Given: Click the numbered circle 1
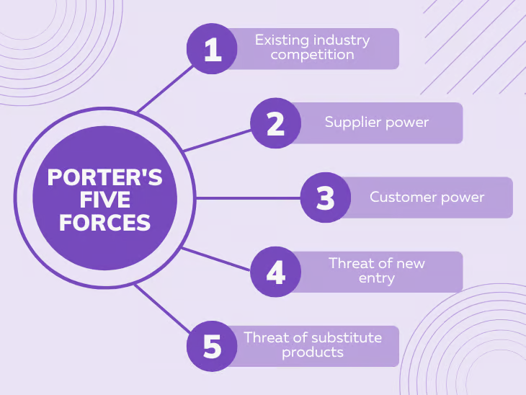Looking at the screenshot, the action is pyautogui.click(x=212, y=49).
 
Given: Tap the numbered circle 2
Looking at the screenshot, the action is pyautogui.click(x=276, y=123).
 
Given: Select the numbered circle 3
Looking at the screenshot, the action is pyautogui.click(x=326, y=197).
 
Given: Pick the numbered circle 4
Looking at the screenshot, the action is pyautogui.click(x=276, y=272).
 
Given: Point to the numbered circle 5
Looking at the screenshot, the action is pyautogui.click(x=212, y=346).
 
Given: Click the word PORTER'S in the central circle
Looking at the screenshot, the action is pyautogui.click(x=105, y=177).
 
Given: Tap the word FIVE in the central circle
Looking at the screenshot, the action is pyautogui.click(x=105, y=200).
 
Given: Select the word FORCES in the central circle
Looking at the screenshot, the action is pyautogui.click(x=105, y=223).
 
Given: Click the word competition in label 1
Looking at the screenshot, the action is pyautogui.click(x=312, y=55).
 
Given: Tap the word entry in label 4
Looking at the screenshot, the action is pyautogui.click(x=377, y=278).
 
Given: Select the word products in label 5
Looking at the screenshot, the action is pyautogui.click(x=313, y=352).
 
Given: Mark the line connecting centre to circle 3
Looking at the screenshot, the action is pyautogui.click(x=248, y=198).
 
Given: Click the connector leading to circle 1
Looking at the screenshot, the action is pyautogui.click(x=165, y=89).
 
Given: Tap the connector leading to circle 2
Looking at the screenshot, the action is pyautogui.click(x=217, y=141).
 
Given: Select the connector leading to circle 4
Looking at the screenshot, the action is pyautogui.click(x=215, y=259).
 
